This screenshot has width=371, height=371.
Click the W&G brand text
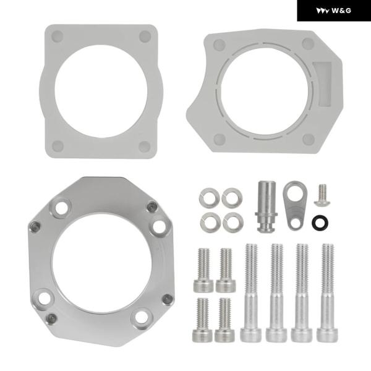341,11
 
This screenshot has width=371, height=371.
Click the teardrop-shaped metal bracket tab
294,205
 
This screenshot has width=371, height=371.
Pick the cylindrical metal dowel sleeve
267,207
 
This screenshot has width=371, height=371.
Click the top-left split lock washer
210,198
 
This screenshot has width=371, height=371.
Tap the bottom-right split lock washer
233,222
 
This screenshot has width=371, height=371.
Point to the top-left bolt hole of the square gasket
58,36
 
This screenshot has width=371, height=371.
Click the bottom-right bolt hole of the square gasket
144,147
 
